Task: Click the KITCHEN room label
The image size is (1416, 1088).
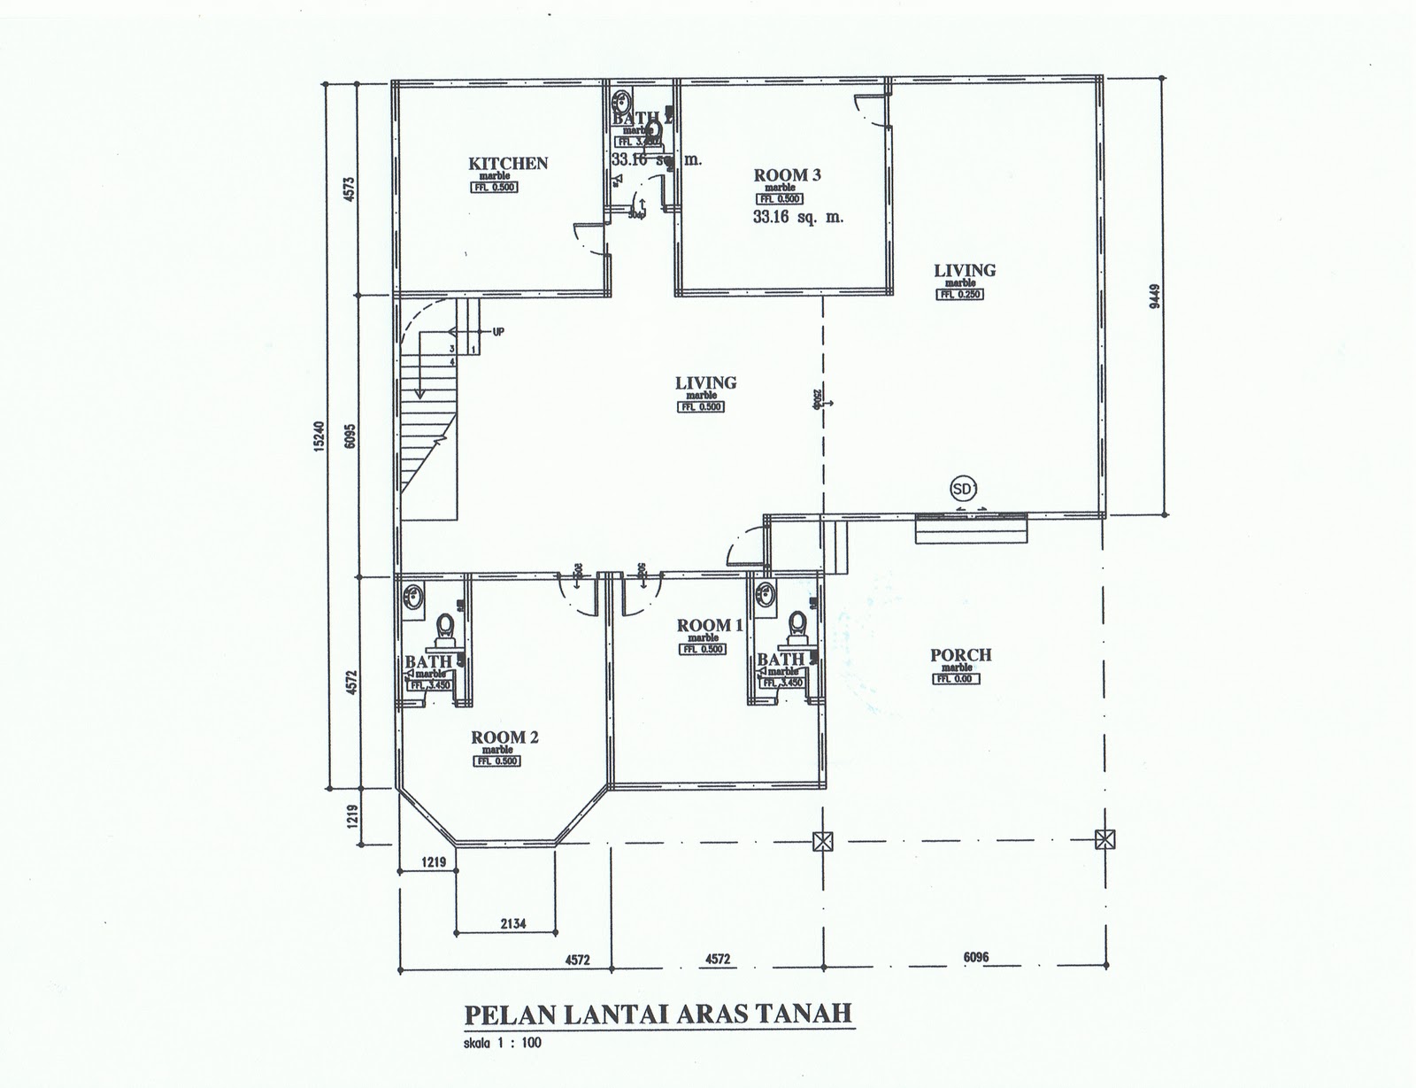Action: pyautogui.click(x=507, y=164)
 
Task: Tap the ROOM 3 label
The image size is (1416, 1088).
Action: pyautogui.click(x=787, y=175)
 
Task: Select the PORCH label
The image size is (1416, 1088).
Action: pyautogui.click(x=960, y=655)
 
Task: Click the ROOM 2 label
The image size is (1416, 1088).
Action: pyautogui.click(x=504, y=737)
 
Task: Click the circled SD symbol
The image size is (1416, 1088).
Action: pyautogui.click(x=960, y=488)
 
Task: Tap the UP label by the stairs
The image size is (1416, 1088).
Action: pyautogui.click(x=498, y=332)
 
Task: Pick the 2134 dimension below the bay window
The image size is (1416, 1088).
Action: pyautogui.click(x=512, y=924)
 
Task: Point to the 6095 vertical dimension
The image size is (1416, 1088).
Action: pyautogui.click(x=350, y=435)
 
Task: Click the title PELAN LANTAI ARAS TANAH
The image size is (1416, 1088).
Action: pyautogui.click(x=658, y=1013)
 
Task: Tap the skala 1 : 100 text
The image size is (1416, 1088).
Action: pyautogui.click(x=503, y=1043)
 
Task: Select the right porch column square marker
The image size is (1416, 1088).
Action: pyautogui.click(x=1104, y=839)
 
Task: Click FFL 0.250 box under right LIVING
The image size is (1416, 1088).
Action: pyautogui.click(x=959, y=295)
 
